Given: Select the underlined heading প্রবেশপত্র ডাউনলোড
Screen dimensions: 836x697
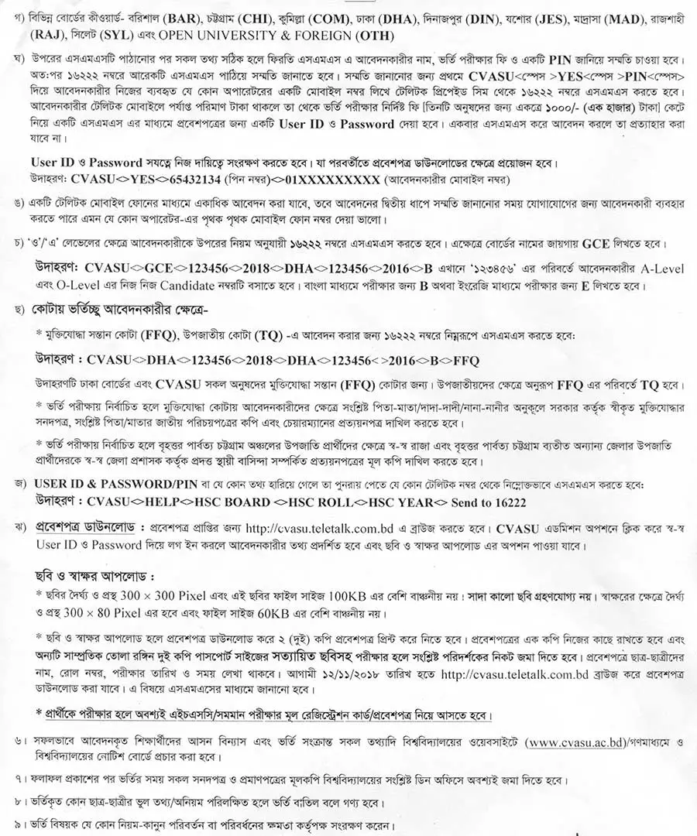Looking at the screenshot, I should [85, 527].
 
